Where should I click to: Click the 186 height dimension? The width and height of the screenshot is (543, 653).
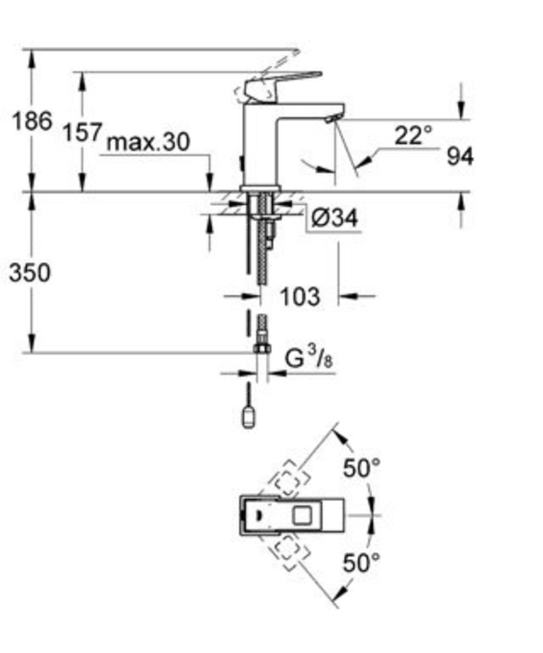32,121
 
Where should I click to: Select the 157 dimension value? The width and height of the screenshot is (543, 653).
82,132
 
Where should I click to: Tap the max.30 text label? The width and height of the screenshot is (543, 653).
148,142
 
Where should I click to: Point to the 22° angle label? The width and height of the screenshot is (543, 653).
413,135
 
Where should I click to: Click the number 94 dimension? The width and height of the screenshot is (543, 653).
460,157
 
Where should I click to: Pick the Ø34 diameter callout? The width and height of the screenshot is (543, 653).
334,217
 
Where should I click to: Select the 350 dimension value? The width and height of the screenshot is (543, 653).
30,273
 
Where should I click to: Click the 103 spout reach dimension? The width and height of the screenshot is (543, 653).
300,296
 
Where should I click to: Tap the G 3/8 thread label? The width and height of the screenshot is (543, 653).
309,358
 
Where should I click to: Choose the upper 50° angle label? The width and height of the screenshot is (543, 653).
362,467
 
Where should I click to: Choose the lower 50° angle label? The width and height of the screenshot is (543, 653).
362,563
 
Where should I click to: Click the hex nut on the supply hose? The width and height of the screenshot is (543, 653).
262,348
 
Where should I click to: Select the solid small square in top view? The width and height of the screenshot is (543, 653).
302,515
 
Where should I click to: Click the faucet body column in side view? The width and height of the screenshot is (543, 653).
259,146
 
